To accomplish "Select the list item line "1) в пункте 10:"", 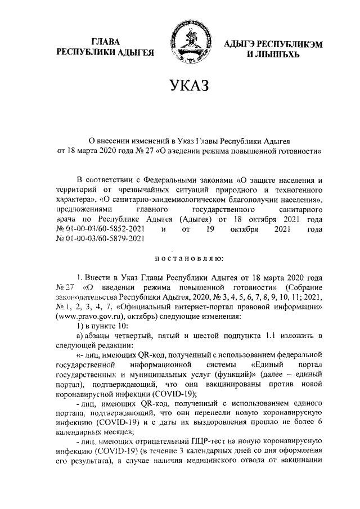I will pos(102,327).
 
